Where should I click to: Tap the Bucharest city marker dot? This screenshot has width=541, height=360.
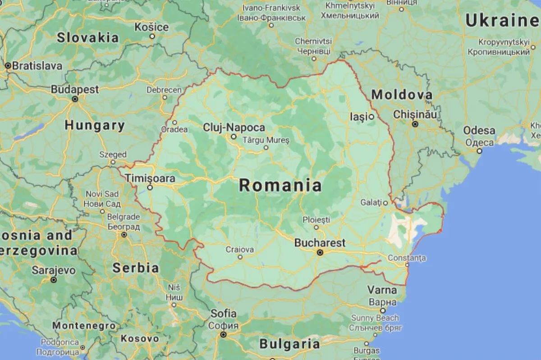[x=320, y=253]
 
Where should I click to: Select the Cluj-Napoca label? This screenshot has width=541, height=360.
[x=234, y=128]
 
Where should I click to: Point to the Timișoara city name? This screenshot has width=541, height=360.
[x=151, y=178]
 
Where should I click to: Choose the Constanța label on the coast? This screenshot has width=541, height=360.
[x=407, y=258]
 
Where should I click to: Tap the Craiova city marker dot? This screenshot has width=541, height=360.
[x=240, y=257]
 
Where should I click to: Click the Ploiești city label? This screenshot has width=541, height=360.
[x=316, y=220]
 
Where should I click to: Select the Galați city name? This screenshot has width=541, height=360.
[x=371, y=203]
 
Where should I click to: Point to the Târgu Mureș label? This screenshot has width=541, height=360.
[x=266, y=140]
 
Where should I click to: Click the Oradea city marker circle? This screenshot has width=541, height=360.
[x=174, y=122]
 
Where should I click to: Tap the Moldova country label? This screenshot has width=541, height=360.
[x=402, y=95]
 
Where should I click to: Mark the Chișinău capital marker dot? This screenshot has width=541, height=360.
[x=415, y=123]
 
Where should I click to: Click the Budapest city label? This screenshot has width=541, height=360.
[x=75, y=90]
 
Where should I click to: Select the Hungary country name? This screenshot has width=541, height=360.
[x=95, y=125]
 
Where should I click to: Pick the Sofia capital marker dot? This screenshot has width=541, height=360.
[x=223, y=334]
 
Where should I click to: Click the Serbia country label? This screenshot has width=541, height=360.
[x=135, y=268]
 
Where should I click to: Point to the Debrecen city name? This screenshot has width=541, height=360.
[x=164, y=90]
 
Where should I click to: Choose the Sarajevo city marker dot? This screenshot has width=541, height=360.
[x=54, y=280]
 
